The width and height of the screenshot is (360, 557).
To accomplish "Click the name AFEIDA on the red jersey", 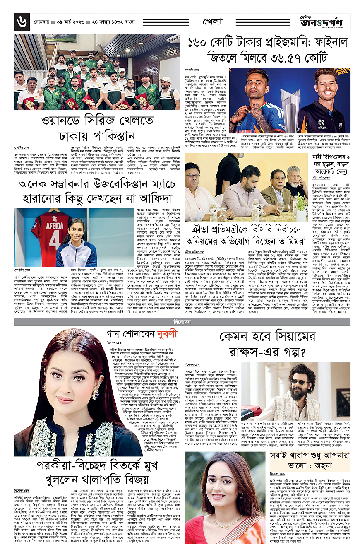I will click(40, 228).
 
